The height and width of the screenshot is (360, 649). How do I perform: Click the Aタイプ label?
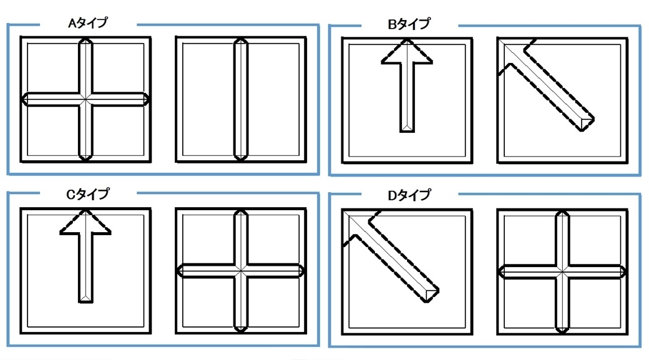[88, 22]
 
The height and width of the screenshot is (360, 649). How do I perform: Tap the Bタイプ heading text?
[409, 24]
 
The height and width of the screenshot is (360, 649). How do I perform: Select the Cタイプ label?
[88, 193]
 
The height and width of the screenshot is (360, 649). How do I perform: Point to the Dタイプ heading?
[409, 195]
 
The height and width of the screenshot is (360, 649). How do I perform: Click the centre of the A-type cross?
[85, 100]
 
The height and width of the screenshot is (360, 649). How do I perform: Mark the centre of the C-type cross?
[241, 271]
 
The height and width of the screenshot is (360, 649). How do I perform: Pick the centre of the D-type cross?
[562, 272]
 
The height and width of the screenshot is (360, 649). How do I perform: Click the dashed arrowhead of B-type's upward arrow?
[407, 51]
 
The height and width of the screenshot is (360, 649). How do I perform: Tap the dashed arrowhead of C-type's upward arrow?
[85, 222]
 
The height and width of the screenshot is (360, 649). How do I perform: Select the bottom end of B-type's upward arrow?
[407, 132]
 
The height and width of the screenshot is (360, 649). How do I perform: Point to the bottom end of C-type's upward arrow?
[85, 302]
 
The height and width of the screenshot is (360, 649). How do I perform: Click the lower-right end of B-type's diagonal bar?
[587, 124]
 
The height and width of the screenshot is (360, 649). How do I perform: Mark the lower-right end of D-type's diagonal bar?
[431, 295]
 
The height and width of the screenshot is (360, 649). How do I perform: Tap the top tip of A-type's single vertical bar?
[240, 38]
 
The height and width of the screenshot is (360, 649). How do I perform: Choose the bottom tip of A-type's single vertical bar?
[240, 160]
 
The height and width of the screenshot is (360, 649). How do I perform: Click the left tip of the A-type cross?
[22, 100]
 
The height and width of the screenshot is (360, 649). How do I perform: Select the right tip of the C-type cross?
[305, 271]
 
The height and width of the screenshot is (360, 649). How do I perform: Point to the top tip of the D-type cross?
[562, 211]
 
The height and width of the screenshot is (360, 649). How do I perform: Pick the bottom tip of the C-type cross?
[241, 332]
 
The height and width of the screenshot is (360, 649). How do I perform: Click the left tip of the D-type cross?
[499, 272]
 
